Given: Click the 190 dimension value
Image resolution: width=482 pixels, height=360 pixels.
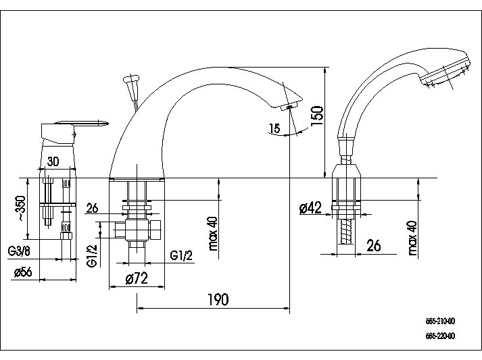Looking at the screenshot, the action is pos(218,299).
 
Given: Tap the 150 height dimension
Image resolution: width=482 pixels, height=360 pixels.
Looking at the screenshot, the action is pos(317,115).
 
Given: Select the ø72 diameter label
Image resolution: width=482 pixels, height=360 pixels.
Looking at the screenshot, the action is pos(137,278).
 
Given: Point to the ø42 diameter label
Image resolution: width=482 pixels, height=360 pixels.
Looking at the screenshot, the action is pos(310,208).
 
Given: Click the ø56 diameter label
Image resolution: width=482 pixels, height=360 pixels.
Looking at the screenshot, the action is pos(24,272).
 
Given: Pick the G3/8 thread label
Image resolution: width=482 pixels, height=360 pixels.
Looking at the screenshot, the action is pos(19,252).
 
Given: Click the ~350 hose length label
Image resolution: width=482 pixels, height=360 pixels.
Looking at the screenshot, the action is pos(22,208).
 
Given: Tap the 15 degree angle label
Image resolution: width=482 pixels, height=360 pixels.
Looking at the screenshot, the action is pos(274,128).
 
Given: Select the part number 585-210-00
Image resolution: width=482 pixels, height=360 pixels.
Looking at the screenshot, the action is pos(440,322).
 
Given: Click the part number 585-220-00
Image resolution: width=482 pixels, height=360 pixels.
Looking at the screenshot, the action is pos(440,336).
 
